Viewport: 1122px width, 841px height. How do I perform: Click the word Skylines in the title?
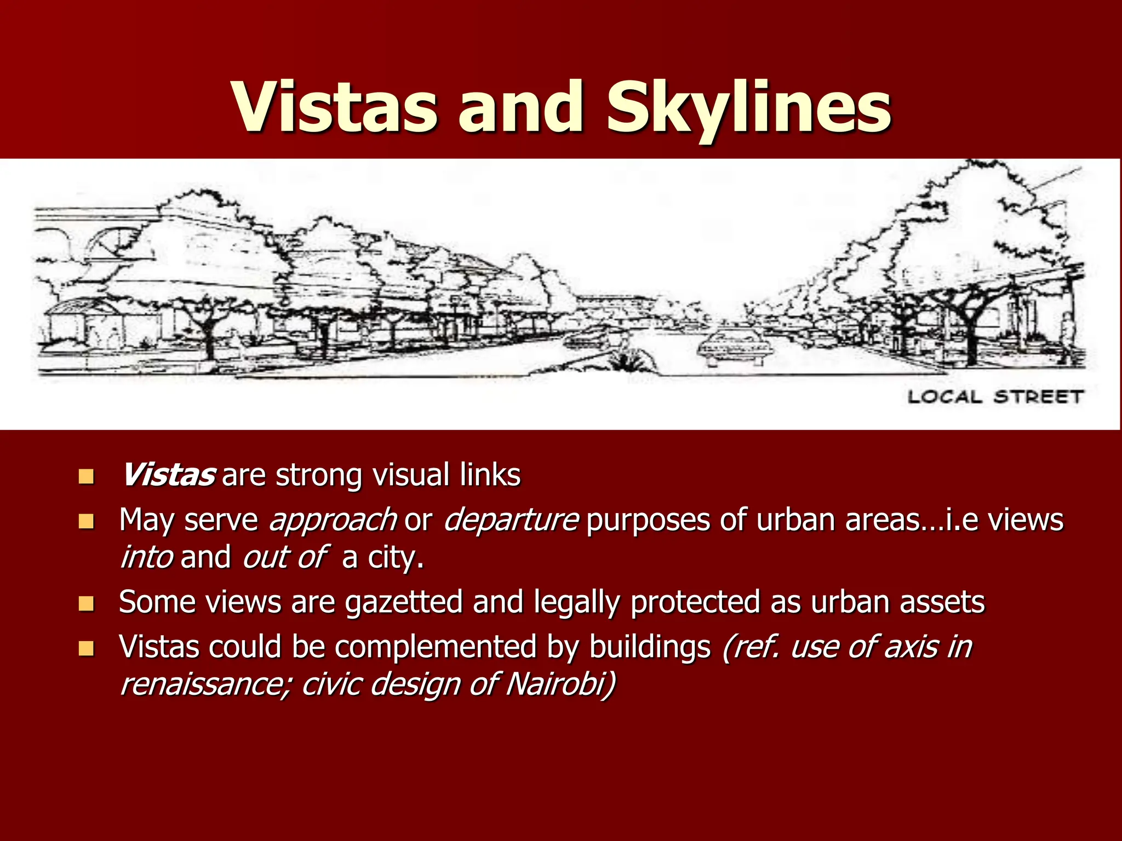click(749, 108)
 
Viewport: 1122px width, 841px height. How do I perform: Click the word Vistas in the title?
click(335, 108)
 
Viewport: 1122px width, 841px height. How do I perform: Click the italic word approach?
click(333, 520)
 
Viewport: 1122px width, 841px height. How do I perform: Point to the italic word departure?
click(511, 519)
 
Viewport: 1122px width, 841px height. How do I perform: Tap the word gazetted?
click(404, 602)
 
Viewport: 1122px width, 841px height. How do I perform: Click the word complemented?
click(436, 647)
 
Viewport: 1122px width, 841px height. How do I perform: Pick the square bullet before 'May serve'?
click(86, 521)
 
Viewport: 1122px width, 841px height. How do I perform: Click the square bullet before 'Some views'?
click(86, 603)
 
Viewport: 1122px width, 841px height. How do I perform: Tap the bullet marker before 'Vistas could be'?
click(86, 648)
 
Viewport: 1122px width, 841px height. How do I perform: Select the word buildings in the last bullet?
click(650, 647)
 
